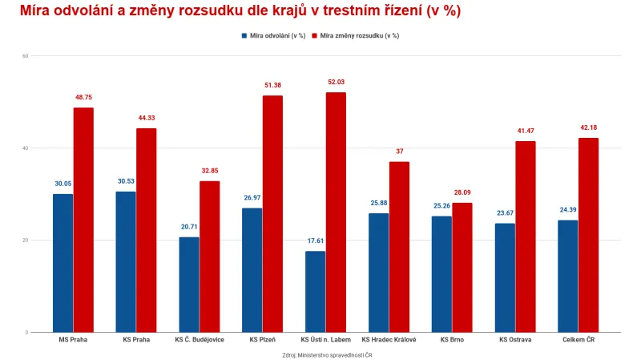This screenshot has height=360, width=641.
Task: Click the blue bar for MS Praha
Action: coord(62,263)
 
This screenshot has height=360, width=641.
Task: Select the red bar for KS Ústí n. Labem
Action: coord(336,212)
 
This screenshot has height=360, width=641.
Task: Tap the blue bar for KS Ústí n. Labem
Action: coord(315,292)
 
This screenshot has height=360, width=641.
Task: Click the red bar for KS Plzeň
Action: coord(272,214)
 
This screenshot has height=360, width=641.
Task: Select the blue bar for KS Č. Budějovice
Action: coord(189,285)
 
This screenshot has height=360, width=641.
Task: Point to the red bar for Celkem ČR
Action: coord(588,235)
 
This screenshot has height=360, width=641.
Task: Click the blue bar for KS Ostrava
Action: coord(505,277)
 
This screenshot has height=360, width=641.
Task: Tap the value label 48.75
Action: coord(83,97)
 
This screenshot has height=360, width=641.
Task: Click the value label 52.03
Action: coord(336,82)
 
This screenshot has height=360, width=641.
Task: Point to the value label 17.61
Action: coord(315,241)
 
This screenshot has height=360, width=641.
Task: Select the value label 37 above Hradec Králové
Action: coord(399,151)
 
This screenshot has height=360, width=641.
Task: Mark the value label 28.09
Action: coord(462,192)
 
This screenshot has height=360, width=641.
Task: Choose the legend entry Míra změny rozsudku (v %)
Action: coord(360,36)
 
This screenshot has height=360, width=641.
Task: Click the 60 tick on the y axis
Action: coord(26,56)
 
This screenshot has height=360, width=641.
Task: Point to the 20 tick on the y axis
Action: coord(26,241)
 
